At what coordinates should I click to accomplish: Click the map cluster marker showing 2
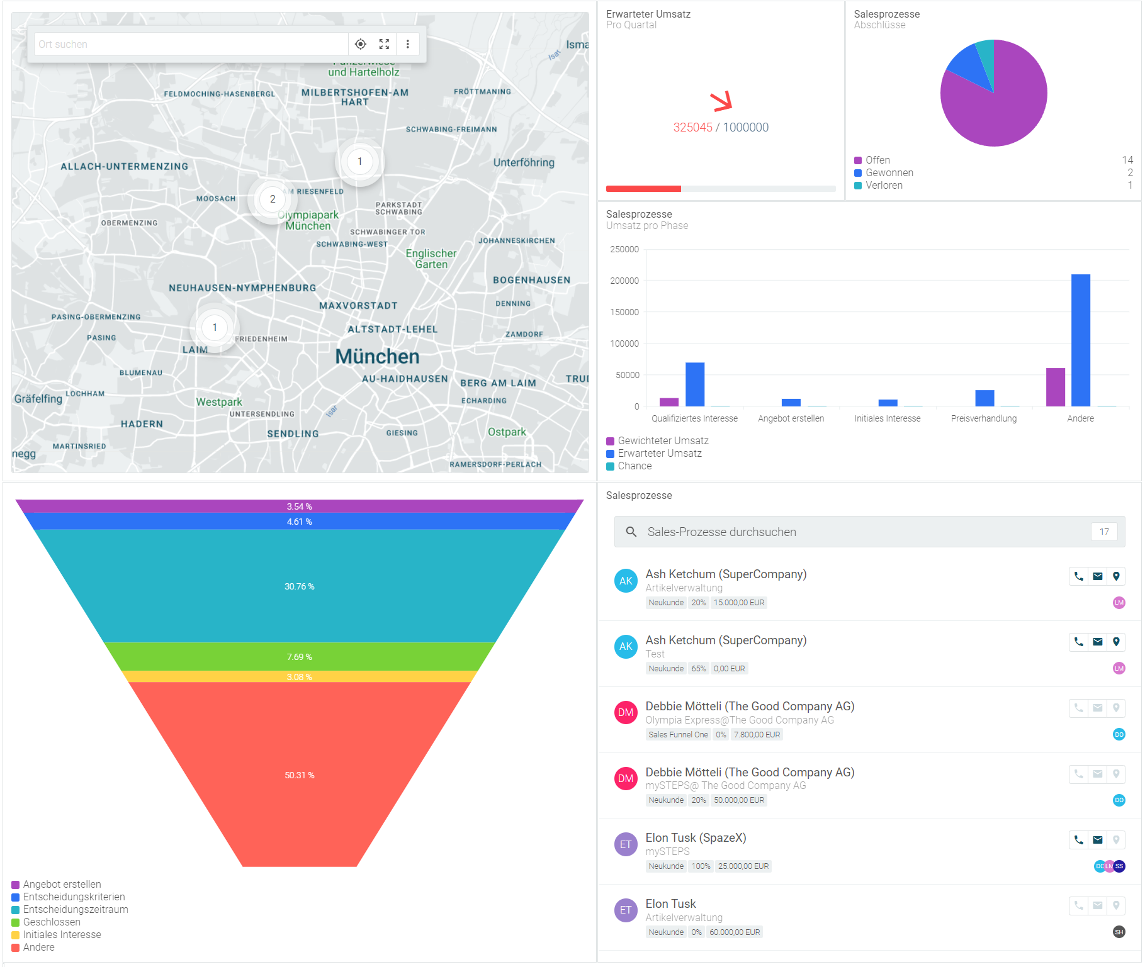tap(272, 199)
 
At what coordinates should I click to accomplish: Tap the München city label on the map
tap(377, 357)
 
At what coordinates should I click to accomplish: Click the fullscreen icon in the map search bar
tap(384, 44)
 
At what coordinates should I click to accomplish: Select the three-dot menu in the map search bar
tap(408, 44)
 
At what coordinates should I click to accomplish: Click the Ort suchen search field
tap(189, 44)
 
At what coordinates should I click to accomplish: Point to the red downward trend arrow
tap(721, 101)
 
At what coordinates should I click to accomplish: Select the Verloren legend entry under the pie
tap(884, 186)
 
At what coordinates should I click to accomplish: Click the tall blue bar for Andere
tap(1080, 340)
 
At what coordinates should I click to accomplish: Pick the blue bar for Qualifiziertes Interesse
tap(695, 384)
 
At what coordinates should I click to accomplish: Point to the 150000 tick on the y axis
tap(624, 312)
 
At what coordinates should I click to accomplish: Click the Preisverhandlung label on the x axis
tap(983, 419)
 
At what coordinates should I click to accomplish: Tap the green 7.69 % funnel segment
tap(300, 656)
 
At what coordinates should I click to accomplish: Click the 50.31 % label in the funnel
tap(300, 775)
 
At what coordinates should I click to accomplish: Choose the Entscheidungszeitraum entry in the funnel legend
tap(76, 910)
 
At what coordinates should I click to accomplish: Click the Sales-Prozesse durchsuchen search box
tap(862, 532)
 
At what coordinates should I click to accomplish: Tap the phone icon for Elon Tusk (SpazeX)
tap(1078, 840)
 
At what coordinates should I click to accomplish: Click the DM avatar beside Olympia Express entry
tap(626, 713)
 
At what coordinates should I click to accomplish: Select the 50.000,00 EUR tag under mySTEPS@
tap(739, 800)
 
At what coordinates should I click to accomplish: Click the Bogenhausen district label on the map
tap(531, 280)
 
